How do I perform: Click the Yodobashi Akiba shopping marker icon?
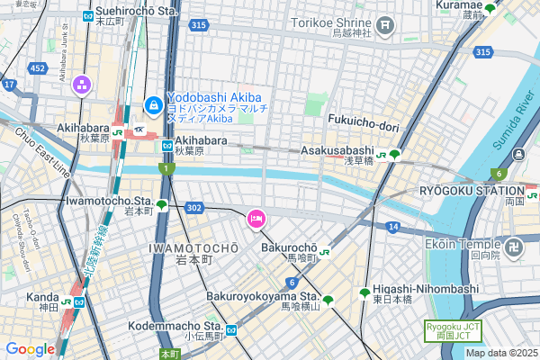click(x=154, y=105)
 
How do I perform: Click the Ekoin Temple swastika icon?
click(x=514, y=244)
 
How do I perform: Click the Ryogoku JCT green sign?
click(x=448, y=330)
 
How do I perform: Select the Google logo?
click(x=30, y=349)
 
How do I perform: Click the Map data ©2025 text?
click(x=501, y=353)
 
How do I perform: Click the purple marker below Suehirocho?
click(x=82, y=85)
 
